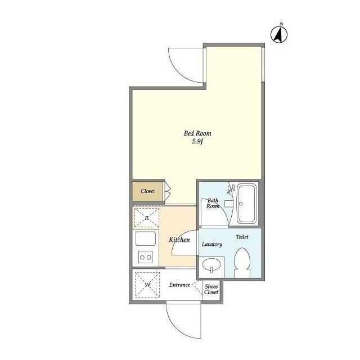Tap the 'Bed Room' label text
coord(197,133)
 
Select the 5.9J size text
coord(197,142)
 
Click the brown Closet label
coord(147,191)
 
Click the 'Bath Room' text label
coord(213,203)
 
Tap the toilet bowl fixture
coord(242,262)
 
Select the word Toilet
coord(242,237)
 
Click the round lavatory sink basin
coord(211,264)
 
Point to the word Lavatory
coord(212,244)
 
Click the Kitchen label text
coord(179,240)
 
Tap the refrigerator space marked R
coord(146,218)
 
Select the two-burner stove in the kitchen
coord(146,257)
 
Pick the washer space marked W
coord(147,285)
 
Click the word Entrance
coord(179,285)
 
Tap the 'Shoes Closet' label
coord(211,289)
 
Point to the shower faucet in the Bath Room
coord(230,190)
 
